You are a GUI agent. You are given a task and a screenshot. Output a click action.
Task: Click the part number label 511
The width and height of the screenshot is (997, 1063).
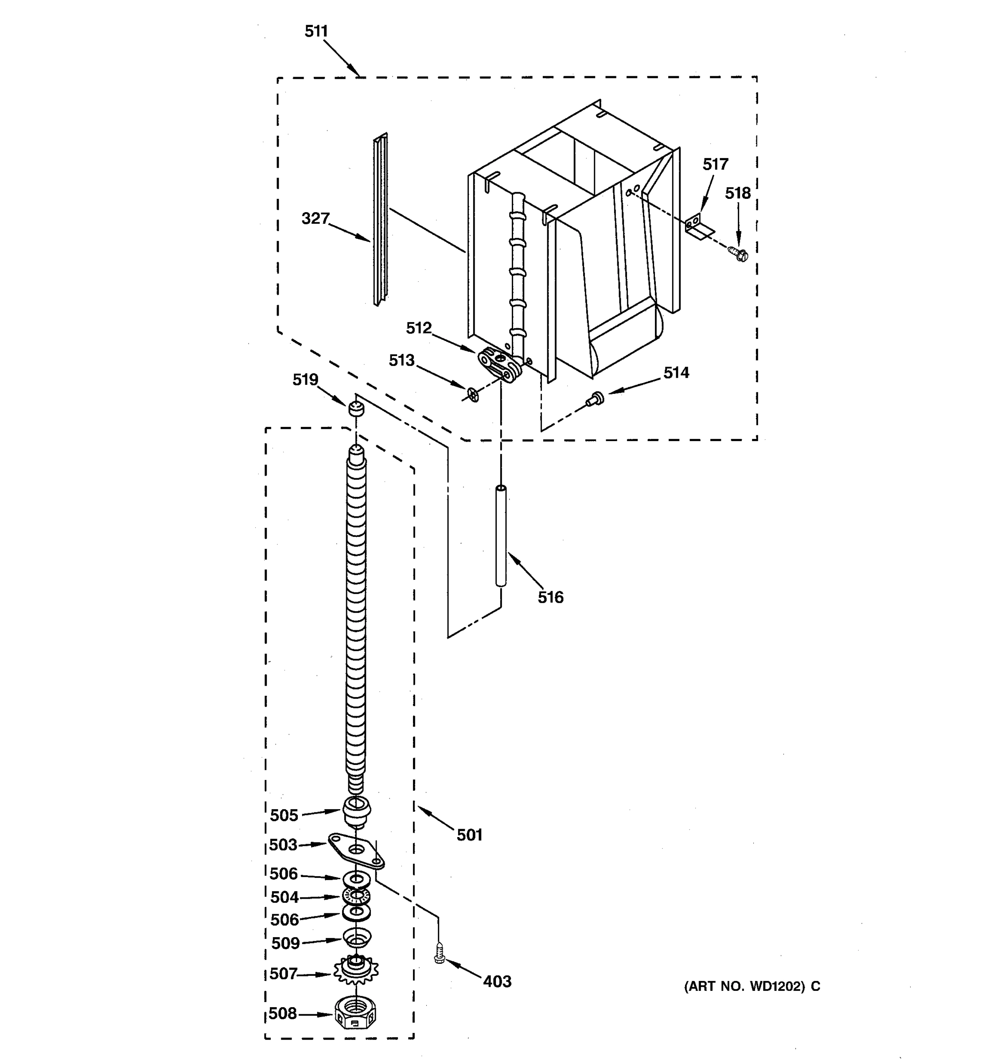[316, 31]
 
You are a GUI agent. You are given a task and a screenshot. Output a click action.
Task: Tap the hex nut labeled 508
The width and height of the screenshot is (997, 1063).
[356, 1012]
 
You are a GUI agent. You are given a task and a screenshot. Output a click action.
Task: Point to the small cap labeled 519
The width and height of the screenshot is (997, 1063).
[356, 410]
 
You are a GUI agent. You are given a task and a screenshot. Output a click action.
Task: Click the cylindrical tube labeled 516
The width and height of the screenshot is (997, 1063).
[501, 536]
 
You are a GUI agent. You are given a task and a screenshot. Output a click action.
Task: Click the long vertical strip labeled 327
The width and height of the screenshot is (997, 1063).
[380, 219]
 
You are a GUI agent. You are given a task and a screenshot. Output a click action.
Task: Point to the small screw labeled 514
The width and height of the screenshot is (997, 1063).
[595, 398]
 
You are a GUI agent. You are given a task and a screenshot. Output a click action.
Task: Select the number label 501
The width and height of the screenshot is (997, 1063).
[469, 835]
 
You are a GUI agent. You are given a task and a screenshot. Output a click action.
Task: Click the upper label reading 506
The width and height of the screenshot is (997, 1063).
[284, 874]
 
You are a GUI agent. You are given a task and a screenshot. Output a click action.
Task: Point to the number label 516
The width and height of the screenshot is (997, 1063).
[550, 597]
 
